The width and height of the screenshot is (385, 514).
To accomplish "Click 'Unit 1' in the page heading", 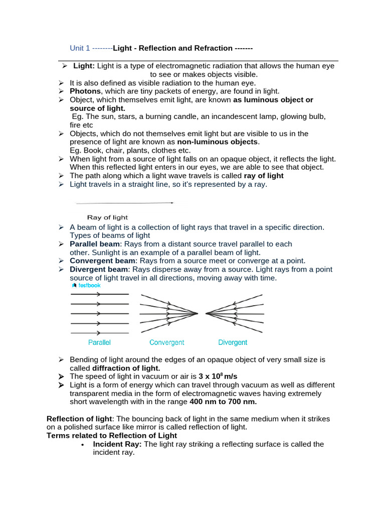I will [x=80, y=48].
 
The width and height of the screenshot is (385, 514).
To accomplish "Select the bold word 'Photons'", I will [x=85, y=91].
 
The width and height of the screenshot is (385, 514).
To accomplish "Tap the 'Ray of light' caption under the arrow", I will [x=107, y=217].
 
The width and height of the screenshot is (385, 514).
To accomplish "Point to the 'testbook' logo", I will [x=86, y=285].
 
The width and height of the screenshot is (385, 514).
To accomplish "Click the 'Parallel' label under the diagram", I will [x=99, y=342].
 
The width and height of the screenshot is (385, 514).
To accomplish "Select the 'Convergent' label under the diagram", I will [x=166, y=342].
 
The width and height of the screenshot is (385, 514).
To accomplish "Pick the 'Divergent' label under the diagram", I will [x=233, y=342].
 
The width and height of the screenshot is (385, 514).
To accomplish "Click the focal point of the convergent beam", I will [x=198, y=314].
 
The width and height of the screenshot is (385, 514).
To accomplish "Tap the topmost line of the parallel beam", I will [x=99, y=294].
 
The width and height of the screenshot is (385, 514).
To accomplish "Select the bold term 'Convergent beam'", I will [x=102, y=261].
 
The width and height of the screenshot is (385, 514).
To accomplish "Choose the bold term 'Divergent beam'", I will [x=99, y=269].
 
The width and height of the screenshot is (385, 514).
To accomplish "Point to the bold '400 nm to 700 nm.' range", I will [x=223, y=402].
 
